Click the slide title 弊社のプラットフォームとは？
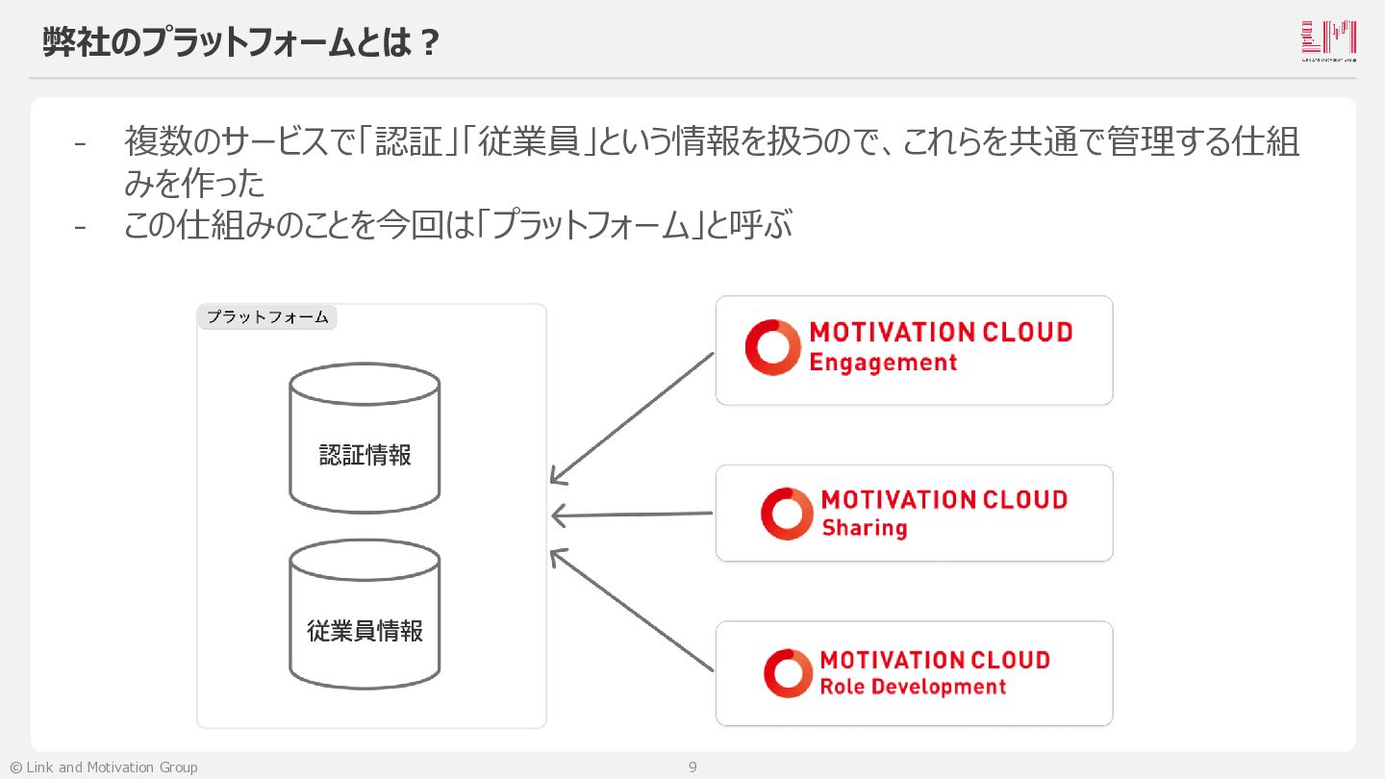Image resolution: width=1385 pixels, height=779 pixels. [241, 42]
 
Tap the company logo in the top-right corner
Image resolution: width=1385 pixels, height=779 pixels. [1328, 40]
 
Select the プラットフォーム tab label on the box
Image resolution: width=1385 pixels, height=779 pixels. [267, 317]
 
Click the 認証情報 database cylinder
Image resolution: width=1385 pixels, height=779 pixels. [365, 440]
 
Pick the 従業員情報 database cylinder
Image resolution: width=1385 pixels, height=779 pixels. [365, 616]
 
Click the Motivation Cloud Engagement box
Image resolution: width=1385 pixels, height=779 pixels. [914, 350]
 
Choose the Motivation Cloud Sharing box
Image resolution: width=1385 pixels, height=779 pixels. [914, 514]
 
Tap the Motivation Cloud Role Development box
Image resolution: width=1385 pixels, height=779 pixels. [914, 673]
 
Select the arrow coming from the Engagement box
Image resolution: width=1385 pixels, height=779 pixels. [632, 417]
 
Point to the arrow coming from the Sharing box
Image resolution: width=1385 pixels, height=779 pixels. [632, 515]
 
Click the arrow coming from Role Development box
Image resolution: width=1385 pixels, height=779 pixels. [632, 610]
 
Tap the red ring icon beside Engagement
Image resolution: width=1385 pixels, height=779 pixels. [772, 347]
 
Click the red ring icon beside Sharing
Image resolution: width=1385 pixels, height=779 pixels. [787, 514]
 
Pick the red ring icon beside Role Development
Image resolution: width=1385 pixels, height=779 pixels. [788, 673]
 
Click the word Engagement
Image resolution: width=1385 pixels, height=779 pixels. [883, 364]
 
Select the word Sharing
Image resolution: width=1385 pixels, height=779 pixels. [864, 528]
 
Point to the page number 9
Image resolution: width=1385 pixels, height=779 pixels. [692, 767]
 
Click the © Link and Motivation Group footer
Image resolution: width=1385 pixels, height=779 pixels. [104, 767]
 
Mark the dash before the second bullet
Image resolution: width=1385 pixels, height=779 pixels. [80, 227]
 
